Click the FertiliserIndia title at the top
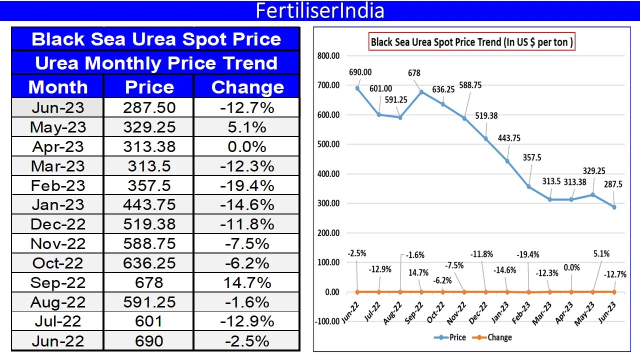pos(320,10)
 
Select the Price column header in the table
pos(149,87)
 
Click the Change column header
pos(247,87)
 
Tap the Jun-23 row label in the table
pos(58,107)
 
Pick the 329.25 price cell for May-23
pos(149,127)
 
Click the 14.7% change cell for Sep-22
pos(247,282)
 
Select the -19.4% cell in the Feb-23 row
pos(247,185)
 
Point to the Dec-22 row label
pos(58,224)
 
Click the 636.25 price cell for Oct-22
pos(149,263)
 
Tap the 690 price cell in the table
pos(149,341)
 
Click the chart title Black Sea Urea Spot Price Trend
pos(471,42)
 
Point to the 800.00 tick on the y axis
pos(328,56)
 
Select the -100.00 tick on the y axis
pos(327,321)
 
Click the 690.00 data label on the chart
pos(360,72)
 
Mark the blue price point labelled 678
pos(421,92)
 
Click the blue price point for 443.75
pos(507,161)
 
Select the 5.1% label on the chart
pos(601,253)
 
